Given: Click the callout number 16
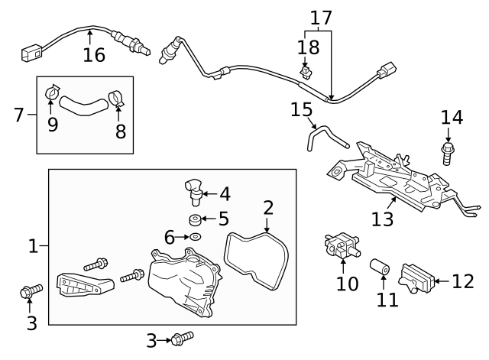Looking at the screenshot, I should pyautogui.click(x=94, y=55).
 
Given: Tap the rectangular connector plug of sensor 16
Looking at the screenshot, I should pyautogui.click(x=30, y=53).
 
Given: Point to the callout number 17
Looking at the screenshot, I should pyautogui.click(x=321, y=16).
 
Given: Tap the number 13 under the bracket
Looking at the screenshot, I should pyautogui.click(x=382, y=219).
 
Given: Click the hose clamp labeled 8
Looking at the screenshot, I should pyautogui.click(x=117, y=99).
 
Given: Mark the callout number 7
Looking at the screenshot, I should pyautogui.click(x=18, y=115).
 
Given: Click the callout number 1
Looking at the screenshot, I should pyautogui.click(x=33, y=246).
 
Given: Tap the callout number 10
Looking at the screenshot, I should pyautogui.click(x=347, y=284).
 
